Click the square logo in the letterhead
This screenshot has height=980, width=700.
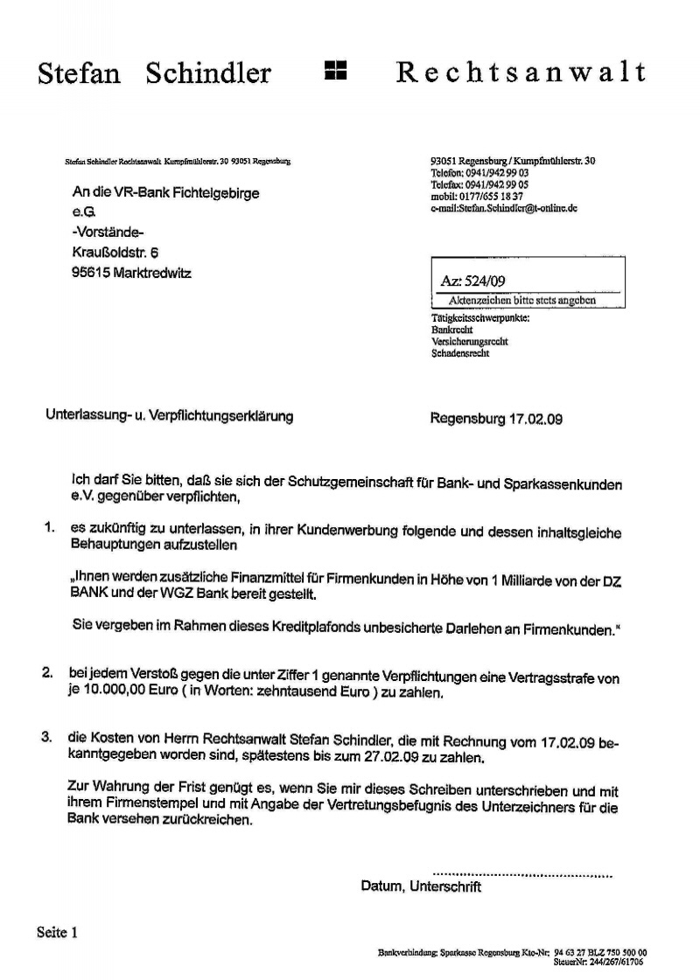coord(336,72)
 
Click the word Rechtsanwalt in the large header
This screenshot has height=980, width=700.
coord(521,72)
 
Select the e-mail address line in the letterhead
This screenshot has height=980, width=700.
coord(504,209)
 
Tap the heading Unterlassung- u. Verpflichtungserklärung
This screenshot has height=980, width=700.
coord(169,416)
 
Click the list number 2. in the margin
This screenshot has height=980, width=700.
coord(50,675)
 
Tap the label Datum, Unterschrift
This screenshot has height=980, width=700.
coord(421,886)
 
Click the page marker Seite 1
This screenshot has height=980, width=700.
coord(58,933)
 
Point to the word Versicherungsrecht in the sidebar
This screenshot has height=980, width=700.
coord(470,342)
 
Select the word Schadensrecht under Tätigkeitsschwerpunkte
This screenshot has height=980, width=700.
coord(460,354)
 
